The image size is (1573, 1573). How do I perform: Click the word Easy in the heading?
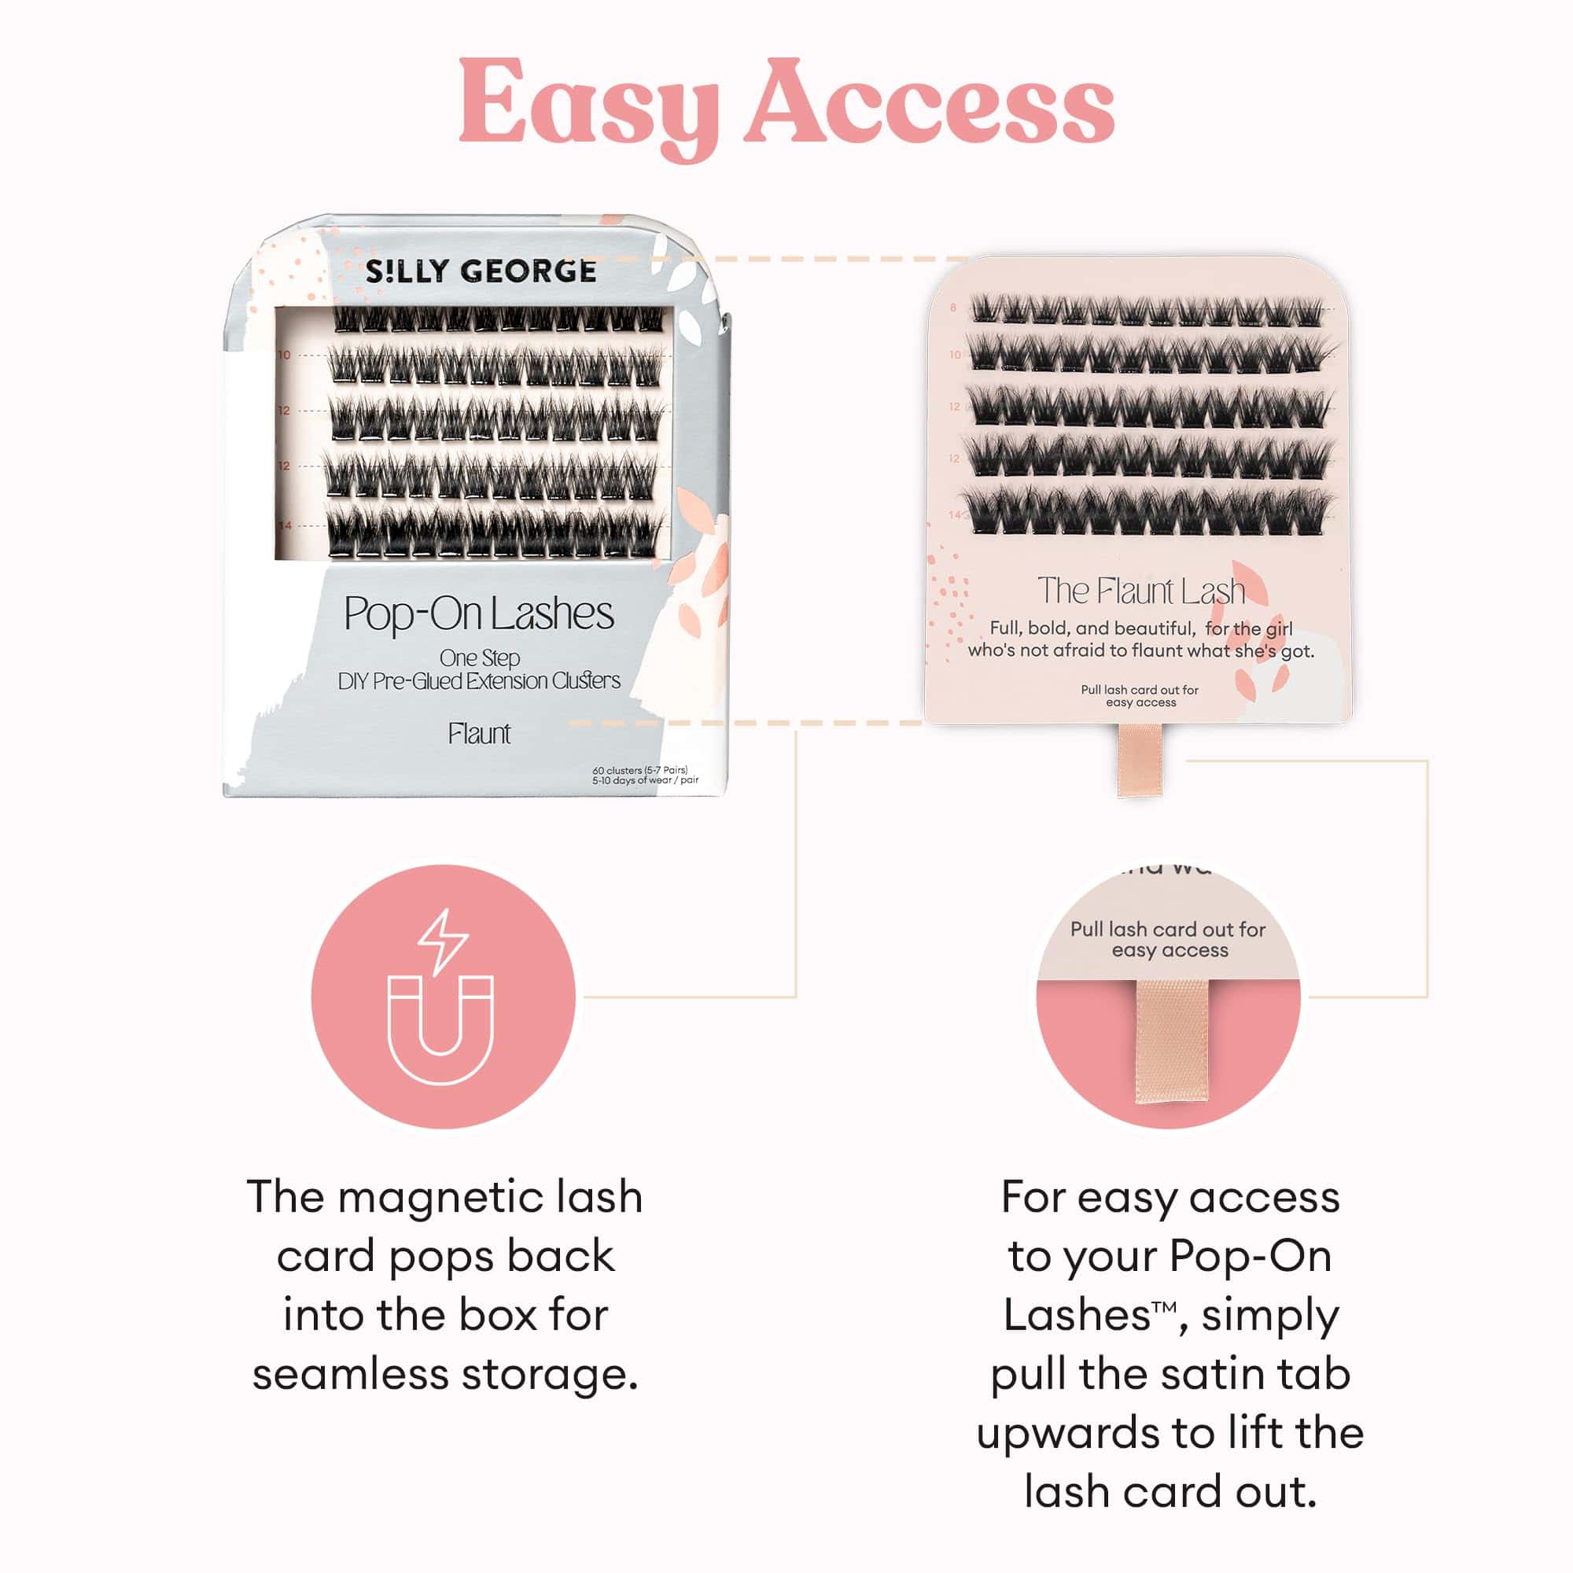(588, 106)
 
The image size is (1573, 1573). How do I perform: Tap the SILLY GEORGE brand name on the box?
(481, 271)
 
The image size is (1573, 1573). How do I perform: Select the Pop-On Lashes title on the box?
(479, 614)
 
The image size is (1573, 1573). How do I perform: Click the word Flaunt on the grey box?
(479, 734)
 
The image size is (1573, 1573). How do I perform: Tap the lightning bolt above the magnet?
(442, 941)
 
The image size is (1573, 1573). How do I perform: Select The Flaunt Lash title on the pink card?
(1140, 591)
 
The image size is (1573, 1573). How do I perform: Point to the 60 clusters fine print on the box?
(640, 770)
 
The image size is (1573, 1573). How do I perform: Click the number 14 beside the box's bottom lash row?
(284, 526)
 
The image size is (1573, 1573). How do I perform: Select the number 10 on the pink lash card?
(954, 355)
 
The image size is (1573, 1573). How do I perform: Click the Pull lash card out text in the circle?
(1167, 930)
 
